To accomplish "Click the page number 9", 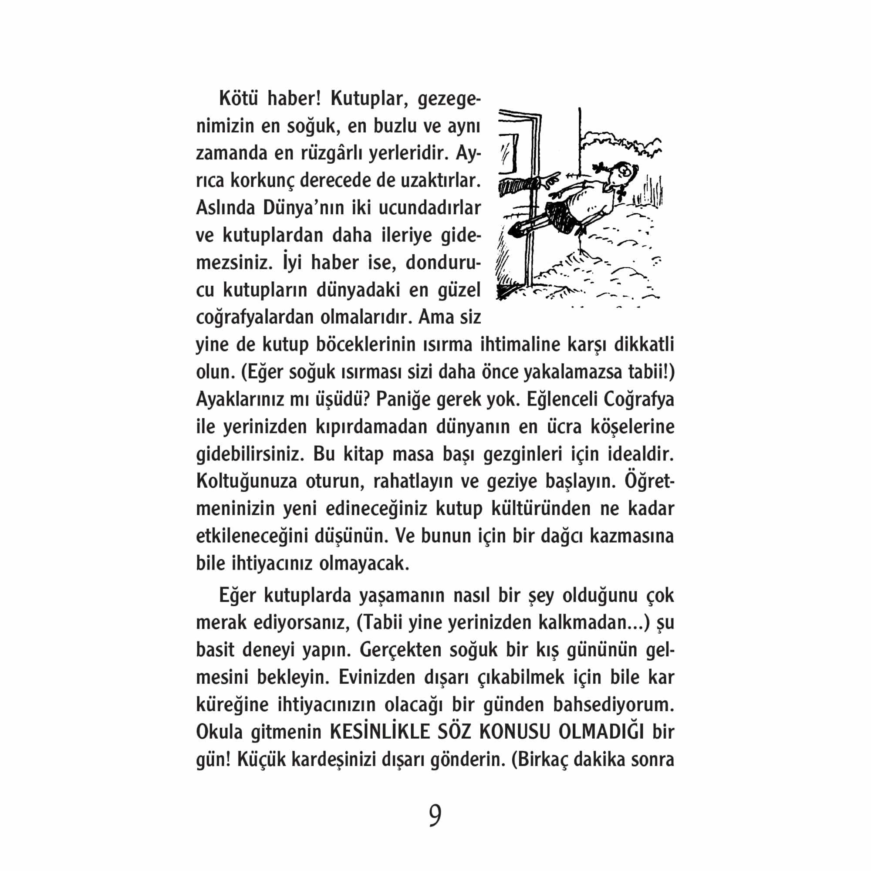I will tap(435, 815).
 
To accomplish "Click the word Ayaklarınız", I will tap(240, 399).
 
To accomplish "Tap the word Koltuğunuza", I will tap(246, 482).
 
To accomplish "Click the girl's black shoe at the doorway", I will tap(517, 230).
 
